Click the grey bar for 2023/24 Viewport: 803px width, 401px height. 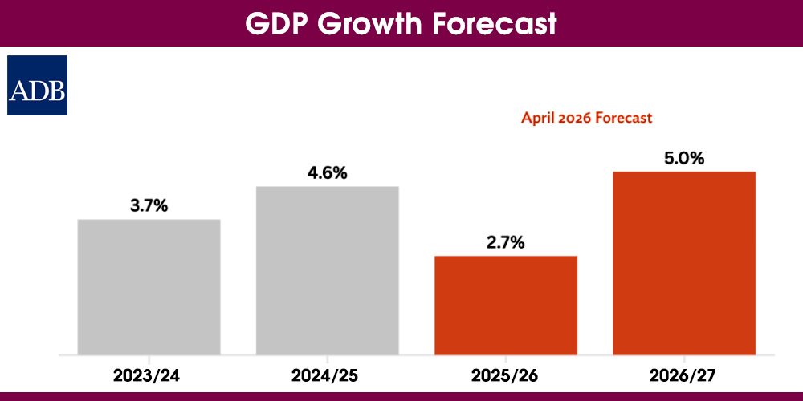149,286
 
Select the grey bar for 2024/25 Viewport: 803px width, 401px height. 328,270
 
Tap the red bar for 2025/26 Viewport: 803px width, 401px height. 506,305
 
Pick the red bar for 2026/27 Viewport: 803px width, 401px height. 684,262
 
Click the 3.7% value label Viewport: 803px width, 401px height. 149,205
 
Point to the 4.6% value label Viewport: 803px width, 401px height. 328,172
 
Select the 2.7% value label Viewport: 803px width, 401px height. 506,242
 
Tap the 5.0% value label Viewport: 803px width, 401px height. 684,158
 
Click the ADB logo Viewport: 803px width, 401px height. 38,86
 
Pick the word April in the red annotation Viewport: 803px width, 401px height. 538,118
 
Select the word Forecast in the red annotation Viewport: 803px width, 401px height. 625,118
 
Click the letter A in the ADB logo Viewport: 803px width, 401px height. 19,91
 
